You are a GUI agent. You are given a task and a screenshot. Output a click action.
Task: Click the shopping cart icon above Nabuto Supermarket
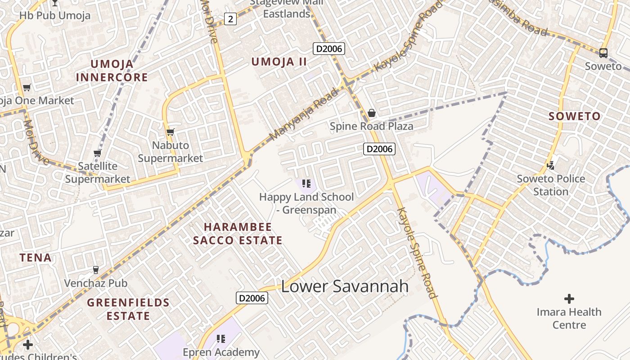coord(170,132)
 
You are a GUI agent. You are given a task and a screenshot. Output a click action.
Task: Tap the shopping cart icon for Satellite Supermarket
coord(97,153)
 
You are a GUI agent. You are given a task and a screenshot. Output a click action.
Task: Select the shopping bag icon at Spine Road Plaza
coord(372,113)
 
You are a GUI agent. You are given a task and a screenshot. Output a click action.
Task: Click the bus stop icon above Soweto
coord(603,53)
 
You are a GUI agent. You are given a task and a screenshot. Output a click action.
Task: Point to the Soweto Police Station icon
coord(550,166)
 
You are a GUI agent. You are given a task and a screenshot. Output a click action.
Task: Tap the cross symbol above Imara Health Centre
coord(569,298)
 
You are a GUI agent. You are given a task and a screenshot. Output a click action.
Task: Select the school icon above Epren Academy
coord(220,338)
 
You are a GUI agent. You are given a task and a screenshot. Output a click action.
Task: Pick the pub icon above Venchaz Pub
coord(95,270)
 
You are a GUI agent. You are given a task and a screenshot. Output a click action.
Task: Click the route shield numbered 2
coord(230,19)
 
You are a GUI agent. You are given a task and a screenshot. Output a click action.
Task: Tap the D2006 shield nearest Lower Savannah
coord(252,298)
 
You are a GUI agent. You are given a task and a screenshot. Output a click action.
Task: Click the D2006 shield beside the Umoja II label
coord(329,49)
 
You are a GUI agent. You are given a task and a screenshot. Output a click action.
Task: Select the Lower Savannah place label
coord(345,286)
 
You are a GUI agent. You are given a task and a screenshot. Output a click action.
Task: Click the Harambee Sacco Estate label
coord(238,234)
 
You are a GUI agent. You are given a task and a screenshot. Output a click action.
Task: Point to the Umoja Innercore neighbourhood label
coord(112,71)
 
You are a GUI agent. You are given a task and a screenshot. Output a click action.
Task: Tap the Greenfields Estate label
coord(128,309)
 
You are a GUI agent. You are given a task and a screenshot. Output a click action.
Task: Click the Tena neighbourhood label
coord(36,258)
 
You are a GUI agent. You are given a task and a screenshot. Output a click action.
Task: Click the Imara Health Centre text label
coord(569,318)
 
